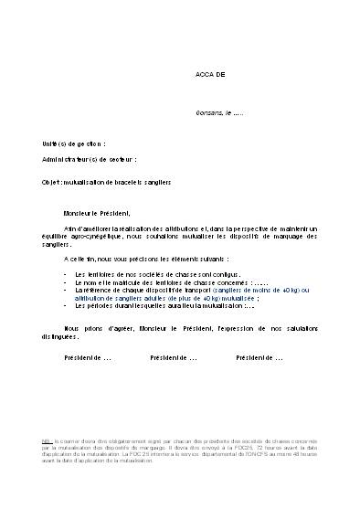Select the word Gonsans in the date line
tap(209, 113)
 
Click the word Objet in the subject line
tap(51, 182)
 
